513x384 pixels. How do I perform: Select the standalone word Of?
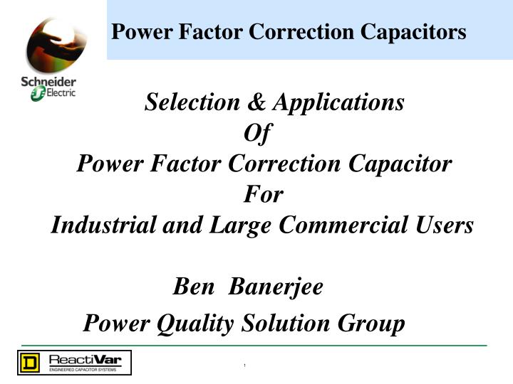(x=257, y=133)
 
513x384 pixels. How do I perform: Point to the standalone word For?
(x=264, y=194)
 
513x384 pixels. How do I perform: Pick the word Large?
(x=239, y=225)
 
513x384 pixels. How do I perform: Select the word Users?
(x=445, y=225)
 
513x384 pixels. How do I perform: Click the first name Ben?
(x=193, y=287)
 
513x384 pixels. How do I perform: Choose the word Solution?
(x=286, y=324)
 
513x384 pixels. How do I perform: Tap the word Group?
(x=371, y=324)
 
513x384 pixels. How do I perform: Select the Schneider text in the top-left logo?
(x=48, y=82)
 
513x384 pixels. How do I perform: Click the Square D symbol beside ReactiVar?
(x=29, y=363)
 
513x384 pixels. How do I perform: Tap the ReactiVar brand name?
(x=85, y=360)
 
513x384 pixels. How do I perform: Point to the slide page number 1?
(x=244, y=366)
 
